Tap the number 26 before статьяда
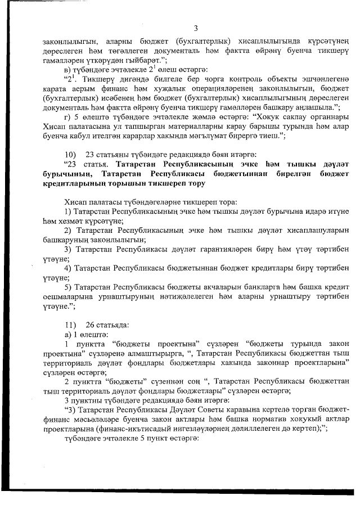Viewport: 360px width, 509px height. pos(90,325)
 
